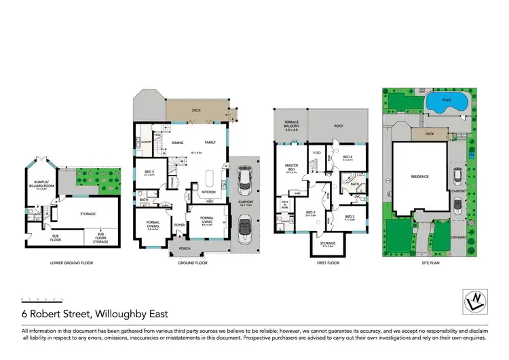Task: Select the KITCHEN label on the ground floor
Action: coord(209,192)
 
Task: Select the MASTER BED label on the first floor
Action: coord(291,170)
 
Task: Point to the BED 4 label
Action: coord(348,158)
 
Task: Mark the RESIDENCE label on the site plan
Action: coord(419,177)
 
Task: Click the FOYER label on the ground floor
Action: coord(180,224)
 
